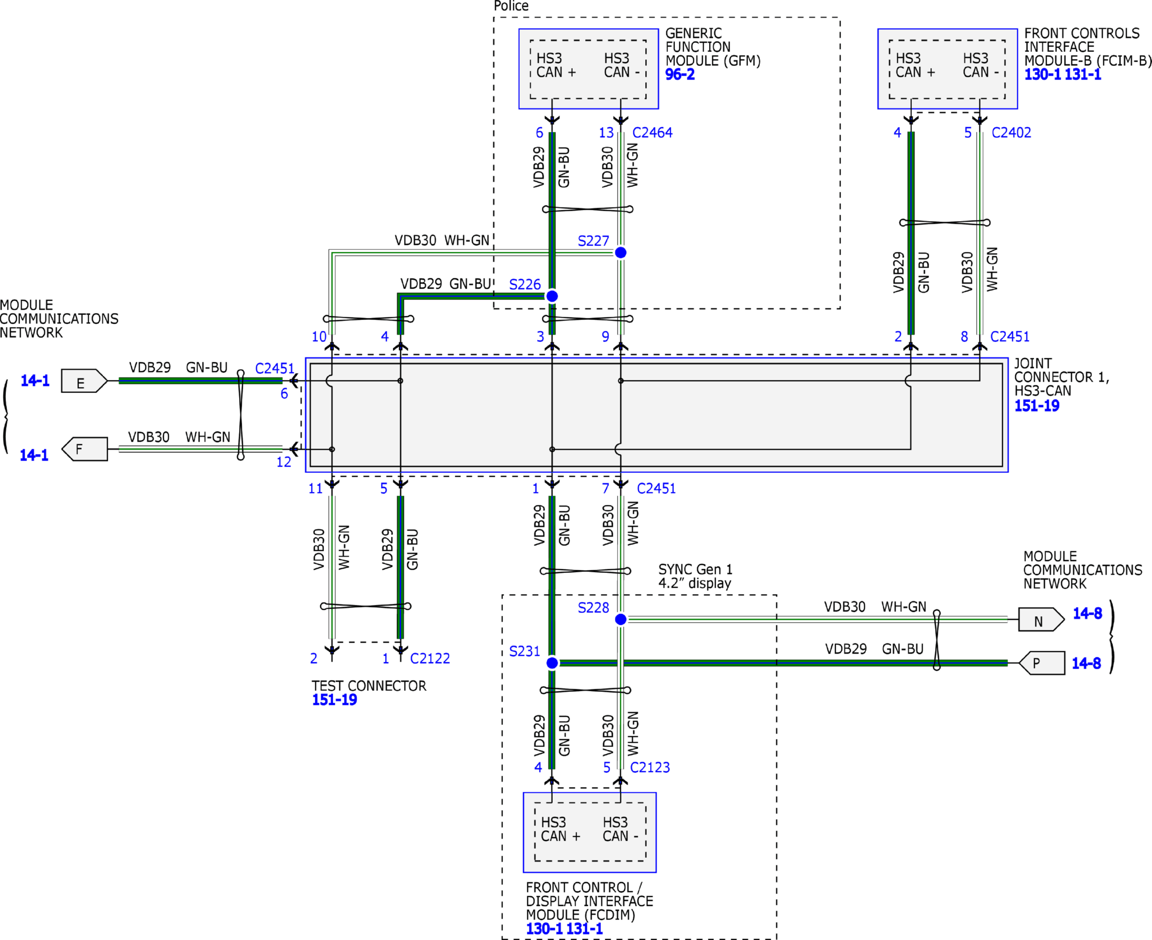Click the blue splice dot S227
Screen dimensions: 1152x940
620,252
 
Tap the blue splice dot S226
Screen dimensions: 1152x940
552,296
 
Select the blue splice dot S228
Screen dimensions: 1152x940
620,619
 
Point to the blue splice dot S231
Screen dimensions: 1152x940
552,663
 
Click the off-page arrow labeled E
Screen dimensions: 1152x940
84,381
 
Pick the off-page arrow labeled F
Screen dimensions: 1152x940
84,449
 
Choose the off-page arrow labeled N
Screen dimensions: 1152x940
1041,619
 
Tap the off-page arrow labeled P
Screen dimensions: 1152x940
1042,663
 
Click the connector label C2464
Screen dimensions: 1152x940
652,132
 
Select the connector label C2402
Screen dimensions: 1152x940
1011,132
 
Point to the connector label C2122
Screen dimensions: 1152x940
429,658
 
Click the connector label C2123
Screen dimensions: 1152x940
650,767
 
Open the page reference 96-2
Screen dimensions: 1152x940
680,74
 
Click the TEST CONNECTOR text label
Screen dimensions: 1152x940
368,686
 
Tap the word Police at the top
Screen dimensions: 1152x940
511,6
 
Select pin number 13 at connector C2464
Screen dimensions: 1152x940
606,132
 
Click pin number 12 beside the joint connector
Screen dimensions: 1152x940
283,462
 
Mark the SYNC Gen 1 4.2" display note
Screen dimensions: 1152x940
695,576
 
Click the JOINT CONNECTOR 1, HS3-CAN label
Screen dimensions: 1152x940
1062,377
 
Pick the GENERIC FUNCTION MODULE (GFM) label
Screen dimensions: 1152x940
712,47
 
